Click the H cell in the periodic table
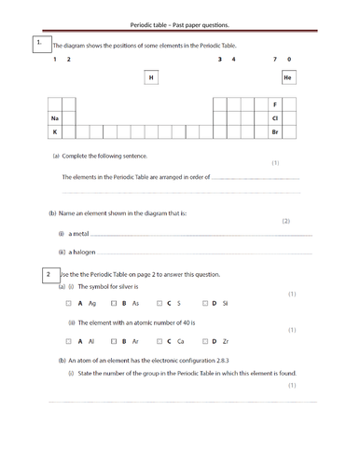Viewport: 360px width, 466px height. (151, 78)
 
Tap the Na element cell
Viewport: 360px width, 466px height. (55, 118)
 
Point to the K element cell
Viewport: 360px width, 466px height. (55, 132)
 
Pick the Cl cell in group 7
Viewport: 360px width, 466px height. (274, 118)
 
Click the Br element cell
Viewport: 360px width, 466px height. (274, 132)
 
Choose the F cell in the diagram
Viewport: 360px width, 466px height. (274, 104)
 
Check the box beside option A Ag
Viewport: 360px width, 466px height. (69, 304)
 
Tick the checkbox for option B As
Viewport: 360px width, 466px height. (113, 304)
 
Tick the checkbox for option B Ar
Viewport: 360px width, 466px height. (113, 341)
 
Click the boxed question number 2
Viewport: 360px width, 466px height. (48, 274)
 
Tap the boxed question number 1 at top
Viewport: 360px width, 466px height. (38, 44)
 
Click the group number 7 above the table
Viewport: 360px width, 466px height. (274, 60)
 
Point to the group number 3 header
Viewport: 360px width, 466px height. (219, 60)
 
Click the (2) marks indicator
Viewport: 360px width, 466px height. (286, 221)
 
